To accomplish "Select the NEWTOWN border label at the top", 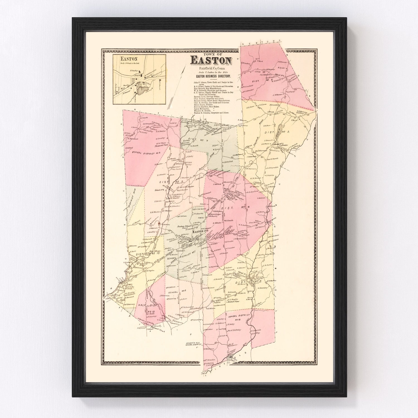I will [x=261, y=42].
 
